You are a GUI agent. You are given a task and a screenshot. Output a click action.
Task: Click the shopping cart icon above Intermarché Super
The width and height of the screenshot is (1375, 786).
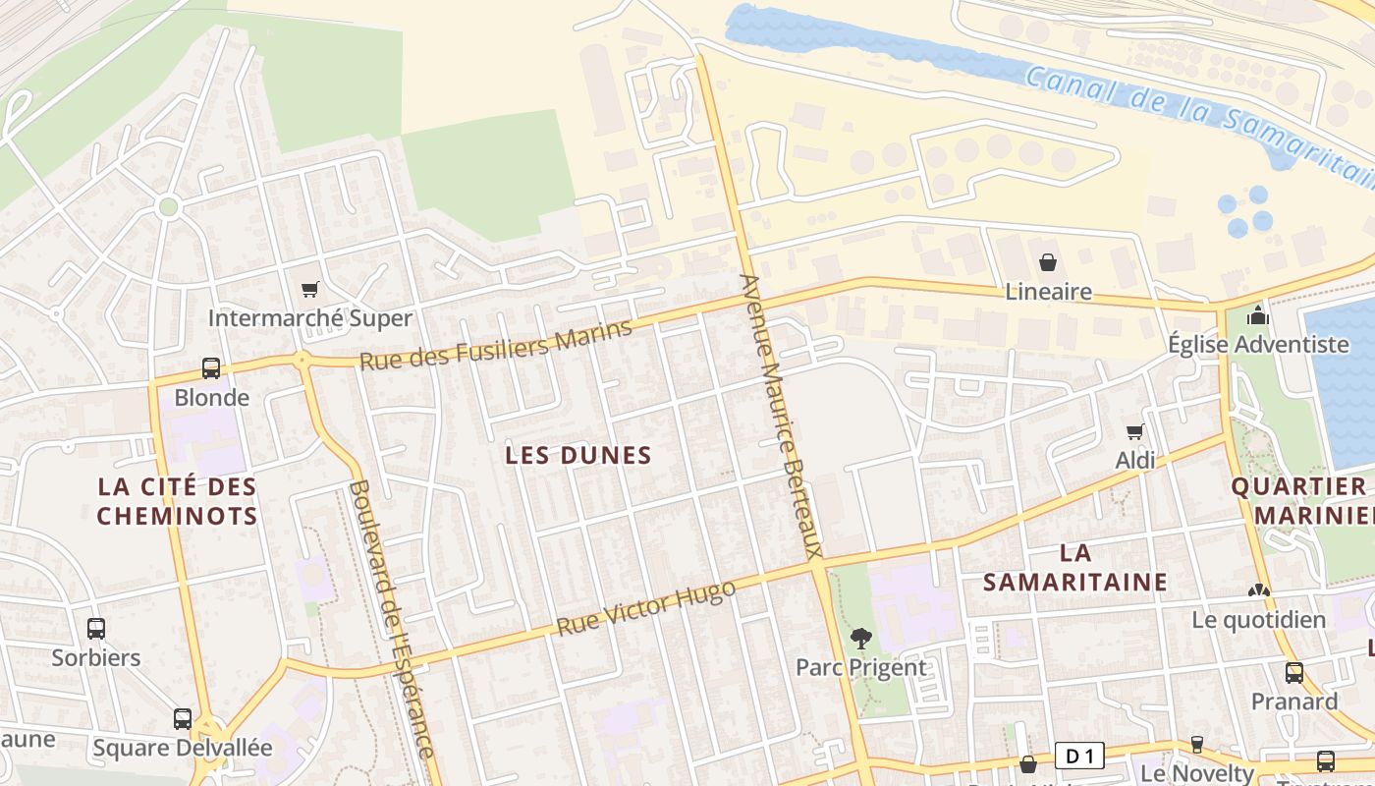tap(310, 289)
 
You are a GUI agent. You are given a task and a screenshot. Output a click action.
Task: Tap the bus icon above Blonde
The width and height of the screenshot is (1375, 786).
tap(211, 368)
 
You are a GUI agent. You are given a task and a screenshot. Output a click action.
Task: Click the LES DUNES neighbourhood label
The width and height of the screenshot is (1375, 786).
tap(577, 455)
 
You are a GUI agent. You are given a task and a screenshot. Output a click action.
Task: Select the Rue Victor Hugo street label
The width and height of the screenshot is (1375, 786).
tap(645, 607)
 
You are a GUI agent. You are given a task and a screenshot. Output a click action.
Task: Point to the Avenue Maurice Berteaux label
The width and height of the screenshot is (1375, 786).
tap(782, 416)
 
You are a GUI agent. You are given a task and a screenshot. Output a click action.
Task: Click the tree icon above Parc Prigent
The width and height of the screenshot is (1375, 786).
tap(861, 639)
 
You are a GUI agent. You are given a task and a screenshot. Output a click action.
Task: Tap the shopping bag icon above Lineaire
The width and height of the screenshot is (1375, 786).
tap(1048, 262)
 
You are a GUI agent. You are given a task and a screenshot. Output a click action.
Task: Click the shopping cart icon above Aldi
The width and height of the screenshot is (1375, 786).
tap(1135, 431)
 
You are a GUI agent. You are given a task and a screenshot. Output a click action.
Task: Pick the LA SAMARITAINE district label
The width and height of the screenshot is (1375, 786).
tap(1075, 567)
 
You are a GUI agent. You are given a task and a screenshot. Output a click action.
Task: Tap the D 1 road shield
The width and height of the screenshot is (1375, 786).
tap(1079, 756)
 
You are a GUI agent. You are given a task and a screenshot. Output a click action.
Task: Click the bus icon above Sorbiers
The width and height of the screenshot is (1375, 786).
tap(96, 629)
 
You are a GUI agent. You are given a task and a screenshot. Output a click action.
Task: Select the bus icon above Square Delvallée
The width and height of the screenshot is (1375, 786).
tap(183, 718)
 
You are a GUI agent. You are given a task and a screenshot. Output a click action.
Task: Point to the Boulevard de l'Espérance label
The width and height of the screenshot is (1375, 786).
tap(392, 619)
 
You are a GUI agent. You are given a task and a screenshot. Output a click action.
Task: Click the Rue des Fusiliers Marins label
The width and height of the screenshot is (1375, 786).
tap(495, 345)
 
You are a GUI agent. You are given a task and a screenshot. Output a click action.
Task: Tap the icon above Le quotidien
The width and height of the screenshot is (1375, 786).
tap(1258, 590)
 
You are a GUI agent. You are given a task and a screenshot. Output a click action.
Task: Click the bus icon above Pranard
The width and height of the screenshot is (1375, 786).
tap(1294, 673)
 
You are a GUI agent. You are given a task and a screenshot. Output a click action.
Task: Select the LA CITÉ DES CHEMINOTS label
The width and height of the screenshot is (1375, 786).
tap(178, 501)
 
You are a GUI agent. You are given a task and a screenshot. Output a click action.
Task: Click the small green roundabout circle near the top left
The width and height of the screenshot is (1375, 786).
tap(168, 207)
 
